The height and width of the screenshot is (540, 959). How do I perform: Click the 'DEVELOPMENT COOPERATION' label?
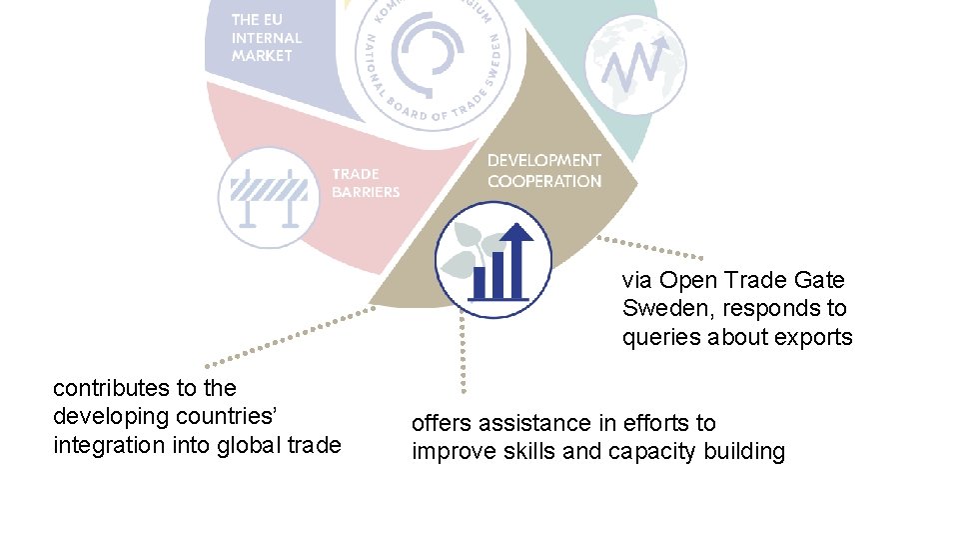tap(544, 171)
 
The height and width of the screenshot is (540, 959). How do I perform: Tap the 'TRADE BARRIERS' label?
tap(366, 183)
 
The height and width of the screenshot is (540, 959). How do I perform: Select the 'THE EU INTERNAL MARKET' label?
tap(267, 38)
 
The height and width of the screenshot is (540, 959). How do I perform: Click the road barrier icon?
tap(269, 196)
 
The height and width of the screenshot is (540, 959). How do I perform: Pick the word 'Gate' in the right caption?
tap(818, 280)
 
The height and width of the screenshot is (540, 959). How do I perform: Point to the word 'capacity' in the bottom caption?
tap(650, 452)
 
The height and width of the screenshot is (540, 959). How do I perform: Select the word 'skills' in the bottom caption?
tap(529, 452)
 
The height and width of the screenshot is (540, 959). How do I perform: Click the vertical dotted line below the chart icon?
tap(463, 355)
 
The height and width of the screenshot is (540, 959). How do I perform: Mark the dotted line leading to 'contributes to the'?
tap(290, 336)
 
